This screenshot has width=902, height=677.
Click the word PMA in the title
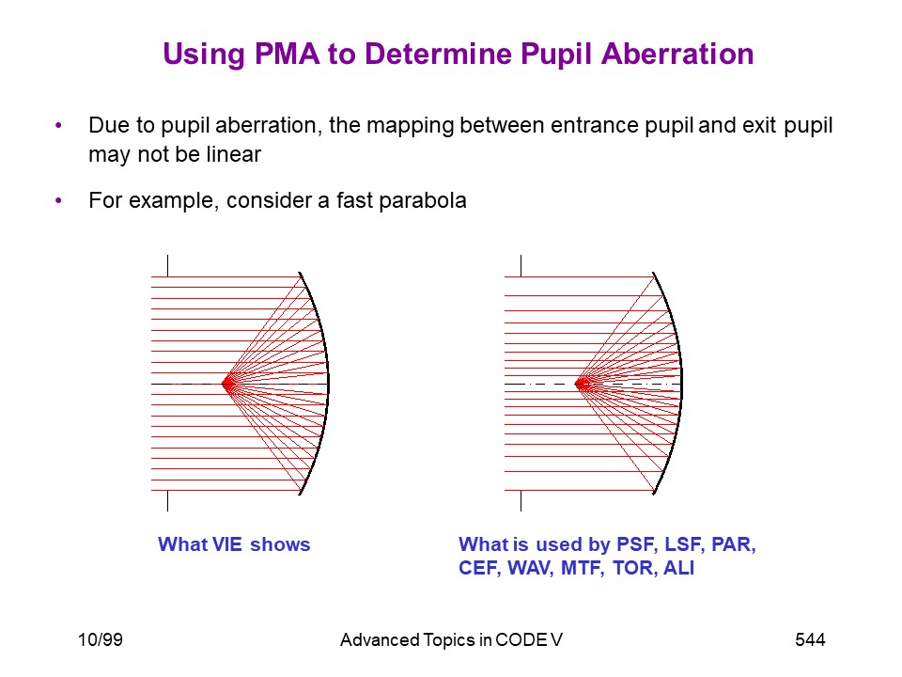[x=287, y=55]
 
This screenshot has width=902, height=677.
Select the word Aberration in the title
[x=677, y=55]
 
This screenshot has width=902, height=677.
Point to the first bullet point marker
[x=58, y=125]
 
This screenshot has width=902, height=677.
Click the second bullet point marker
[x=58, y=200]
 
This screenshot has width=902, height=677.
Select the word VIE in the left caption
[x=227, y=544]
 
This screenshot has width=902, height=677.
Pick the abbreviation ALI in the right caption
[x=678, y=568]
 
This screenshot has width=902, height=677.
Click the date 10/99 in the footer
[x=101, y=639]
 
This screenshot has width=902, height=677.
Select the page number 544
[x=810, y=639]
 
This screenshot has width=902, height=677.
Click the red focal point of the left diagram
[x=227, y=384]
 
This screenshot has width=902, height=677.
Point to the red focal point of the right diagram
[x=582, y=384]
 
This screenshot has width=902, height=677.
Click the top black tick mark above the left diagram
[x=167, y=265]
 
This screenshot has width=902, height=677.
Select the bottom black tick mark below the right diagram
[x=521, y=501]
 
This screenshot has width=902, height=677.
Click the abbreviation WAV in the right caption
[x=530, y=568]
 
